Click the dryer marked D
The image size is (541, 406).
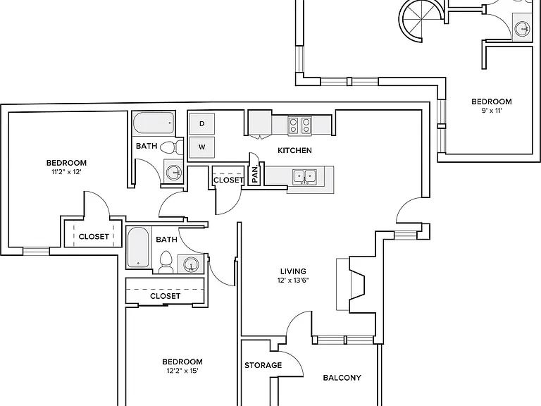202,123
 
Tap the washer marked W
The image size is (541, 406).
202,147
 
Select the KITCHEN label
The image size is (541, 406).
294,150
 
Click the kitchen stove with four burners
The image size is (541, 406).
299,125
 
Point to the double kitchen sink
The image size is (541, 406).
304,177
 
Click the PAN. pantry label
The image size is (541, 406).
255,175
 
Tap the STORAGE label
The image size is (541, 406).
263,365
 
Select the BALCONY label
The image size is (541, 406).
342,378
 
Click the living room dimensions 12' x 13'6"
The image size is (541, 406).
293,281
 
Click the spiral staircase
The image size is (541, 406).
421,20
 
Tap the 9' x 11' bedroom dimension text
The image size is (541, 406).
491,111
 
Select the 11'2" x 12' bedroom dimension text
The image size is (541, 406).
67,172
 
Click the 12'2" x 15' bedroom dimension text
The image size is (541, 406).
182,371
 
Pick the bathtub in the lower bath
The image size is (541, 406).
138,247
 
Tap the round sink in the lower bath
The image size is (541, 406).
190,264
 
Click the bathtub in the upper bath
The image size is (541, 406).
154,123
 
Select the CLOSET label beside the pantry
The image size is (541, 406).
228,180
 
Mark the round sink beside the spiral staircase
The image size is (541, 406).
523,28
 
